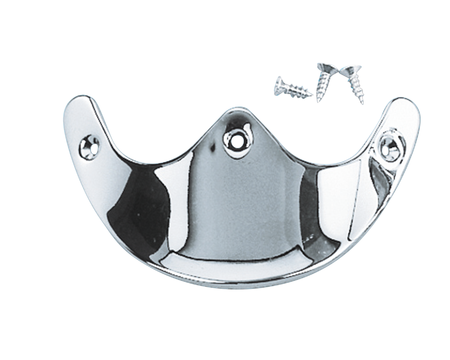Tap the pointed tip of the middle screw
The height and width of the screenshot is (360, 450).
pyautogui.click(x=318, y=102)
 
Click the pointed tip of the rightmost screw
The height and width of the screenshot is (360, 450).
pyautogui.click(x=362, y=103)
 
